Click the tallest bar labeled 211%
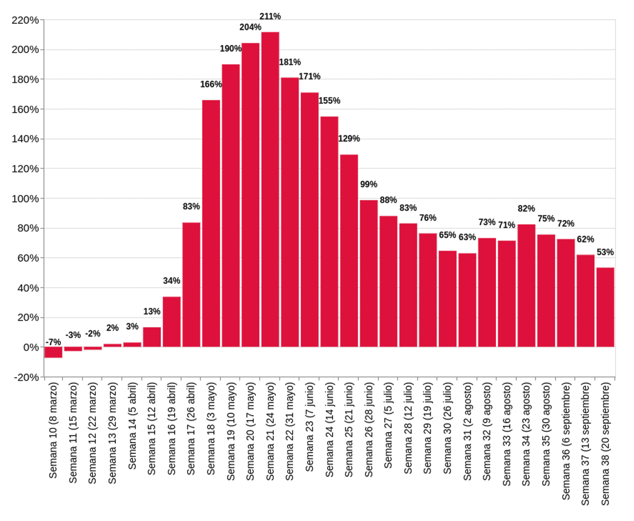(x=270, y=190)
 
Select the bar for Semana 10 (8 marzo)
(x=53, y=352)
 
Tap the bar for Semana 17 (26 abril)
(x=191, y=285)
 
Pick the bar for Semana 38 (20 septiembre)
(x=605, y=307)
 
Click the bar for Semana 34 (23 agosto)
(x=526, y=286)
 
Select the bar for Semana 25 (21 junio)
(x=349, y=251)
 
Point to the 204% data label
(x=250, y=27)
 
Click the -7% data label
(x=53, y=342)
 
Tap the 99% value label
(x=369, y=185)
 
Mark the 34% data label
(x=172, y=281)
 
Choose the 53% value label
(x=605, y=252)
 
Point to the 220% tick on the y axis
(x=25, y=20)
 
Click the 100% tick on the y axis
(x=25, y=198)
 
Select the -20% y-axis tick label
(x=26, y=377)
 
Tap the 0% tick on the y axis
(x=30, y=347)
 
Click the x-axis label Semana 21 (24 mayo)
(x=270, y=431)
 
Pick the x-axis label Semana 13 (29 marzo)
(x=112, y=433)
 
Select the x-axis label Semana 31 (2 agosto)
(x=467, y=431)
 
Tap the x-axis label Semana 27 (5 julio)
(x=388, y=426)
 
